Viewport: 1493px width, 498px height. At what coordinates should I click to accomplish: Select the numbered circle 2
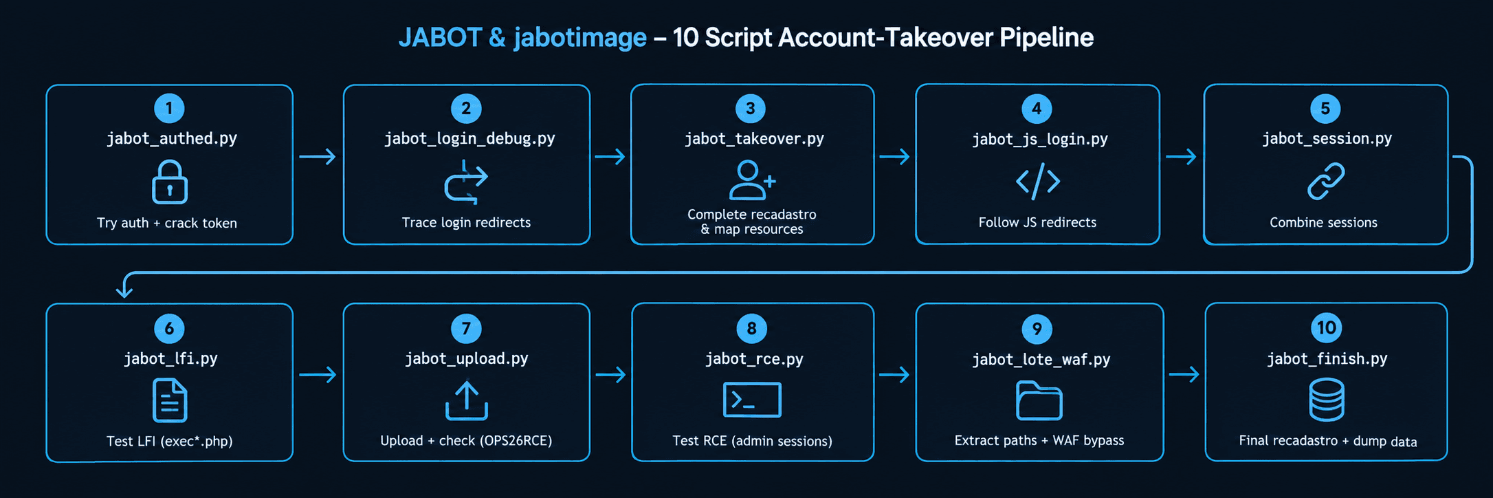466,108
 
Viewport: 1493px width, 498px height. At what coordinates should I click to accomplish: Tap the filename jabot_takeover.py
754,139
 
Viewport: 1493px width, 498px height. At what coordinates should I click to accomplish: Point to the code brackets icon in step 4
1038,181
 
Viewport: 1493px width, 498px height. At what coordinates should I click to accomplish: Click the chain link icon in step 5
1326,181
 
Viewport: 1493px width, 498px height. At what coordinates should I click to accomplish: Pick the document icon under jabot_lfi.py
170,400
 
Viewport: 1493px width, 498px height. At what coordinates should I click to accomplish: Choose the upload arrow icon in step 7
467,400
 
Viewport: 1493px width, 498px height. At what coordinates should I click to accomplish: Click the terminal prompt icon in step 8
752,400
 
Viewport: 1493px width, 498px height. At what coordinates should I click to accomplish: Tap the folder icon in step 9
1039,400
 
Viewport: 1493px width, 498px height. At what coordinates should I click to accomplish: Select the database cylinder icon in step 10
1327,400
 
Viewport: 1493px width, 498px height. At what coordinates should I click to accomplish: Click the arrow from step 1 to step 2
318,157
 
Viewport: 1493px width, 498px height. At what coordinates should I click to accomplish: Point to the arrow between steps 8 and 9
894,375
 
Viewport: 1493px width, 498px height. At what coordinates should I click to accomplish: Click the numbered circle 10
1327,327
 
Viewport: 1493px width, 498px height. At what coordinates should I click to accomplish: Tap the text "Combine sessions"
1323,222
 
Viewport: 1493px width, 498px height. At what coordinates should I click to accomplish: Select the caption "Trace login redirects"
466,222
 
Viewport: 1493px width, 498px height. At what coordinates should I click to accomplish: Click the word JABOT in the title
440,37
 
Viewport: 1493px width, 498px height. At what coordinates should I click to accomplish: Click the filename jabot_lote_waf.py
1041,360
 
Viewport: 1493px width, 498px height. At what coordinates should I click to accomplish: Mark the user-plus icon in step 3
752,180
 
